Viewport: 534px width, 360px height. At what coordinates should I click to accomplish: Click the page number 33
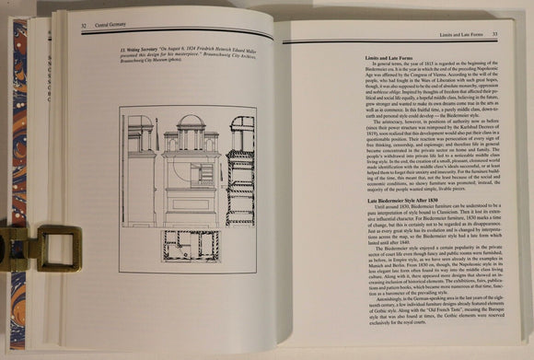coord(495,34)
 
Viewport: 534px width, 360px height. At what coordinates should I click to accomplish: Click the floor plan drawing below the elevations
coord(191,245)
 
